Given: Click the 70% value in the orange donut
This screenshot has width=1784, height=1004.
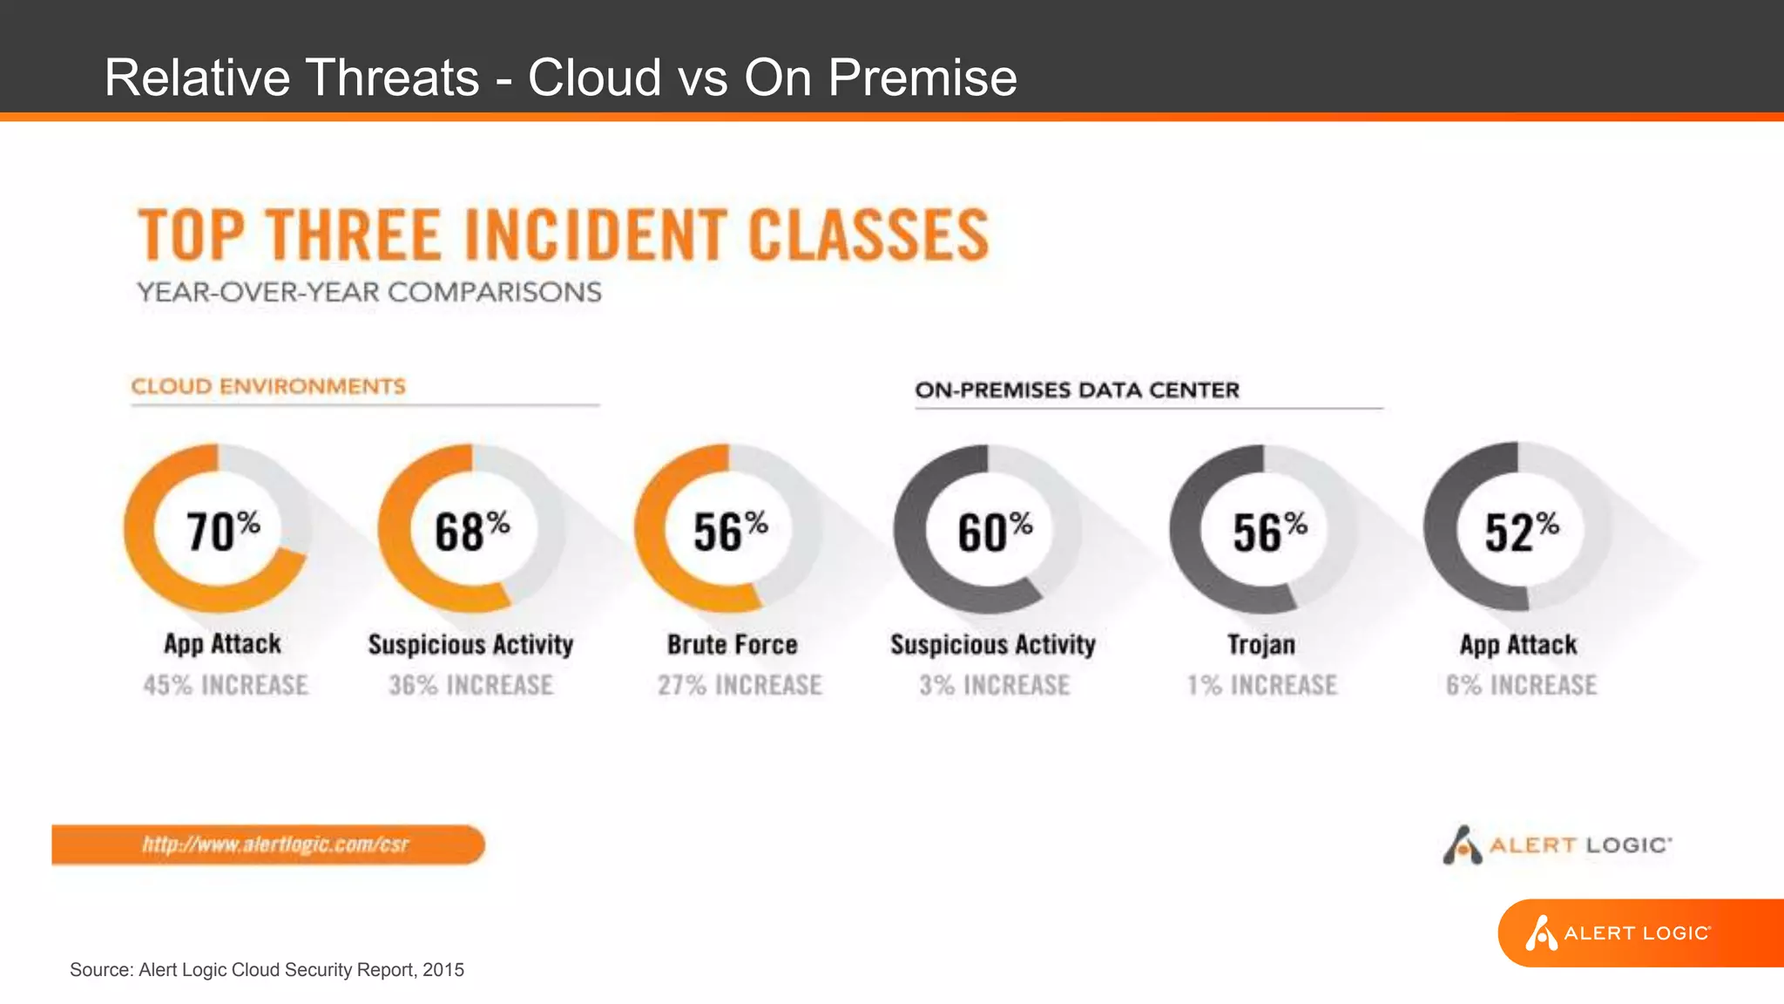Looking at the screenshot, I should (223, 531).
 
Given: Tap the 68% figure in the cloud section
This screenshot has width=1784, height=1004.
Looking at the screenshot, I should (472, 531).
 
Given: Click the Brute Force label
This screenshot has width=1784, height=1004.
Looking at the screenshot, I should (733, 644).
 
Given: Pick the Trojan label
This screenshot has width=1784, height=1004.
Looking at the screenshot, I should (1261, 644).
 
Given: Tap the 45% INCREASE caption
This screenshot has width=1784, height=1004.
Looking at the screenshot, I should (226, 685).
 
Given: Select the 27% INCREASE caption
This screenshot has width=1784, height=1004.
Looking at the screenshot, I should (740, 685).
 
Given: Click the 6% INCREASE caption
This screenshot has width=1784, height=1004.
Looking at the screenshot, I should (1522, 685).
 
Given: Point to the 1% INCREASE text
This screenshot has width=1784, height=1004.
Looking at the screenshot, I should (1261, 685).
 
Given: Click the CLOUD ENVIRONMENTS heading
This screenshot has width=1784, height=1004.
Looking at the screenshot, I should (268, 386).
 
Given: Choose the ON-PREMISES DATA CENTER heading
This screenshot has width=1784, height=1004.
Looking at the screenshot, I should (1077, 390).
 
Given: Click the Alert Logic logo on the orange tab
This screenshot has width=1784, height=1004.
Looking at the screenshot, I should (1618, 933).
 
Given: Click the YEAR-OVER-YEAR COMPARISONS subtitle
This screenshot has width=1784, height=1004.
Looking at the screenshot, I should (369, 292).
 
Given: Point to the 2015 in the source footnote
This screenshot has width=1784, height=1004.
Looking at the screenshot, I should (443, 970).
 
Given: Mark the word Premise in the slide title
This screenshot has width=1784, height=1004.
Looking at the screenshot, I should (922, 78).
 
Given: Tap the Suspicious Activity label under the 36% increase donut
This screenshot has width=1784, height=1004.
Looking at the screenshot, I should (470, 644).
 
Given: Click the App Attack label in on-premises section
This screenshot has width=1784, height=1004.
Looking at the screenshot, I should (1518, 644).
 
